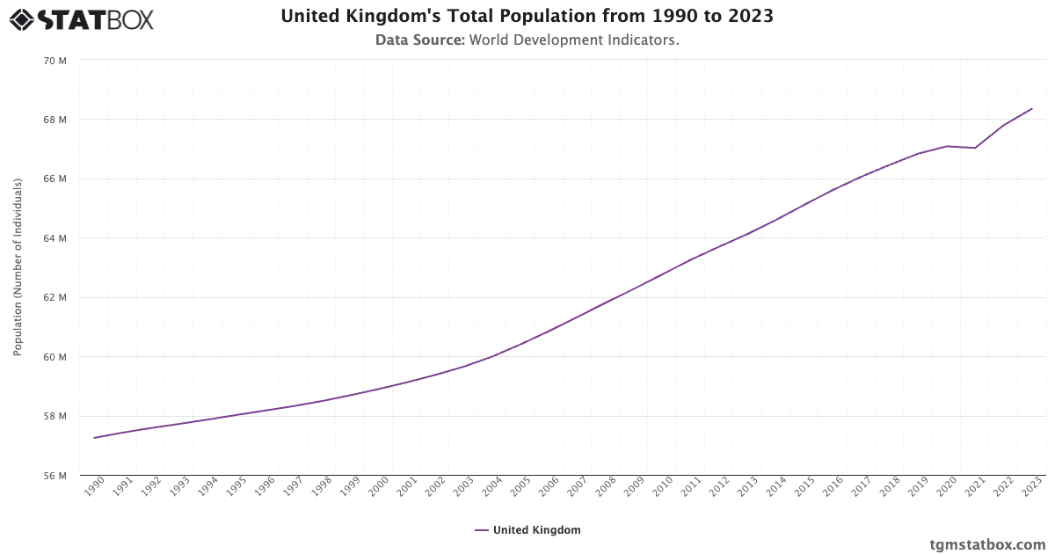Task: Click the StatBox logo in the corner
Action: click(82, 19)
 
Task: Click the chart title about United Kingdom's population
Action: click(527, 17)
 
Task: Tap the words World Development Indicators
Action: click(574, 40)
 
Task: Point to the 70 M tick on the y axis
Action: click(55, 61)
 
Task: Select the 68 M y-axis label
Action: click(55, 120)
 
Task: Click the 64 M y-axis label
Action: click(55, 238)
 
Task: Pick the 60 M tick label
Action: click(55, 357)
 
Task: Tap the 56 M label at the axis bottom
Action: click(55, 476)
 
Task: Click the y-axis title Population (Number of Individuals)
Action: click(18, 267)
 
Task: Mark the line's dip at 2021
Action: click(975, 148)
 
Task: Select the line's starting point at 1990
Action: click(94, 438)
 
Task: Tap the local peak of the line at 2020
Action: click(947, 146)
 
